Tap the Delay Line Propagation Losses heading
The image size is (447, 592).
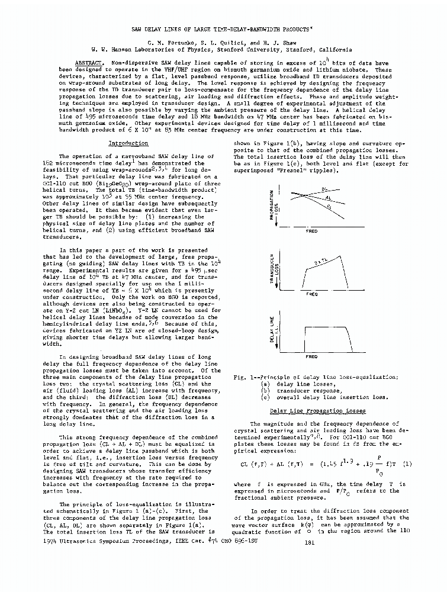(x=317, y=410)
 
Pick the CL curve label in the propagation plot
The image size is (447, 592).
(x=329, y=207)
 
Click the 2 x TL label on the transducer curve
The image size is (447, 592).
(x=321, y=262)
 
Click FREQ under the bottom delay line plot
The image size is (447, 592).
(x=311, y=357)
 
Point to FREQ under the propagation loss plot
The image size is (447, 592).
(x=311, y=231)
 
